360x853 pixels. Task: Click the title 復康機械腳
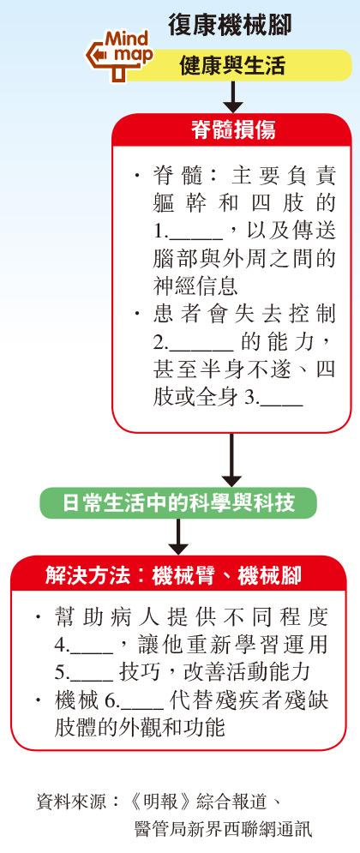[230, 26]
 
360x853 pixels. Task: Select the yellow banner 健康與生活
[239, 66]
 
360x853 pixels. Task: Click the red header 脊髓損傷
[232, 130]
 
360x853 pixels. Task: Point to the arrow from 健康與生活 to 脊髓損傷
[232, 98]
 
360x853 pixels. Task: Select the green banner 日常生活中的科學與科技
[177, 502]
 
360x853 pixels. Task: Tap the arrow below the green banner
[177, 537]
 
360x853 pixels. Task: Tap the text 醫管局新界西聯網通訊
[224, 830]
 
